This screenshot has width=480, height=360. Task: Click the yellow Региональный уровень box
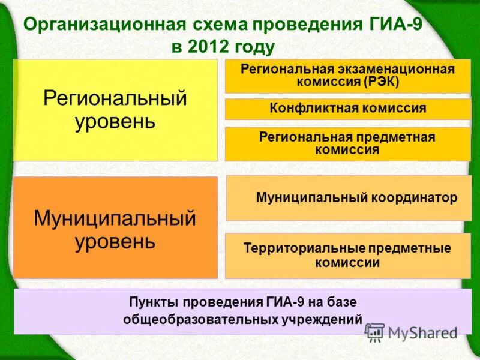[115, 110]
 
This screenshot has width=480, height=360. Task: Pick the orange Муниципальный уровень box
[115, 228]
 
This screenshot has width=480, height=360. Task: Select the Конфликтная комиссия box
[347, 109]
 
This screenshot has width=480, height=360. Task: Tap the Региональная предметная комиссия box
[347, 144]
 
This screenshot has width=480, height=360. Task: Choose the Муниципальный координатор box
[347, 198]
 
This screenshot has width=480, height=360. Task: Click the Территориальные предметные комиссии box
[347, 256]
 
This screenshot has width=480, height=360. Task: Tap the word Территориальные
[295, 248]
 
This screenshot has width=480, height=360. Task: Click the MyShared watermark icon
[374, 332]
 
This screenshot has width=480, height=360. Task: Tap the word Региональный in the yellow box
[115, 98]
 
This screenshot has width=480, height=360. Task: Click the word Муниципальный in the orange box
[115, 217]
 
